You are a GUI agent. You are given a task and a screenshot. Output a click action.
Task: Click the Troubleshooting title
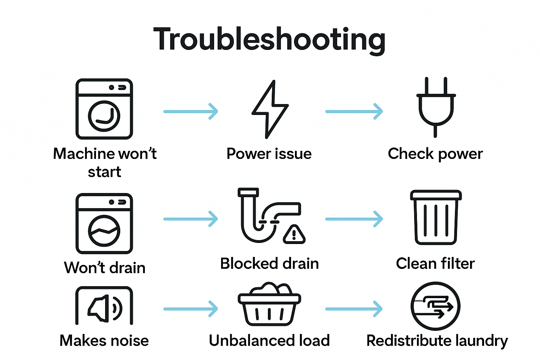point(269,39)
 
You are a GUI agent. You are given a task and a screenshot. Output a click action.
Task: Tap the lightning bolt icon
point(270,109)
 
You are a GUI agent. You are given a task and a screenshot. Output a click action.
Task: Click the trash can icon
point(436,218)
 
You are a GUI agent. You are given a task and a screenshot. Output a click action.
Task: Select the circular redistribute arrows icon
point(435,306)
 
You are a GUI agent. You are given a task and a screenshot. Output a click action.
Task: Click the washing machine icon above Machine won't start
point(104,109)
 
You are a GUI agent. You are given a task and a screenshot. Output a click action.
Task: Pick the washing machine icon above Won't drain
point(104,224)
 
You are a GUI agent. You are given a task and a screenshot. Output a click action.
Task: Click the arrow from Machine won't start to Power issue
point(191,111)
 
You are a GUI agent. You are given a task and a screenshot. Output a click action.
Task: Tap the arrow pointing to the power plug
point(354,111)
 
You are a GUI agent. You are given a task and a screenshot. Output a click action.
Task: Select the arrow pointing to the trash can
point(354,219)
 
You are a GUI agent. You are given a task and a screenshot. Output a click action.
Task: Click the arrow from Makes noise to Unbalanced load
point(191,309)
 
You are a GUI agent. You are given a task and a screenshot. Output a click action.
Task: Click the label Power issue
point(269,154)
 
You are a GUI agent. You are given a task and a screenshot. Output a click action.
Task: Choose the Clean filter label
point(435,264)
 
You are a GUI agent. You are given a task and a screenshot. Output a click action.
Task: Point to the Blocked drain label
point(269,264)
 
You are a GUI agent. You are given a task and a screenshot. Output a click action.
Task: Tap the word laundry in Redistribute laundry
point(481,341)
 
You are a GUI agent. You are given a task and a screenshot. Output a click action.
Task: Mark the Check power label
point(435,154)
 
